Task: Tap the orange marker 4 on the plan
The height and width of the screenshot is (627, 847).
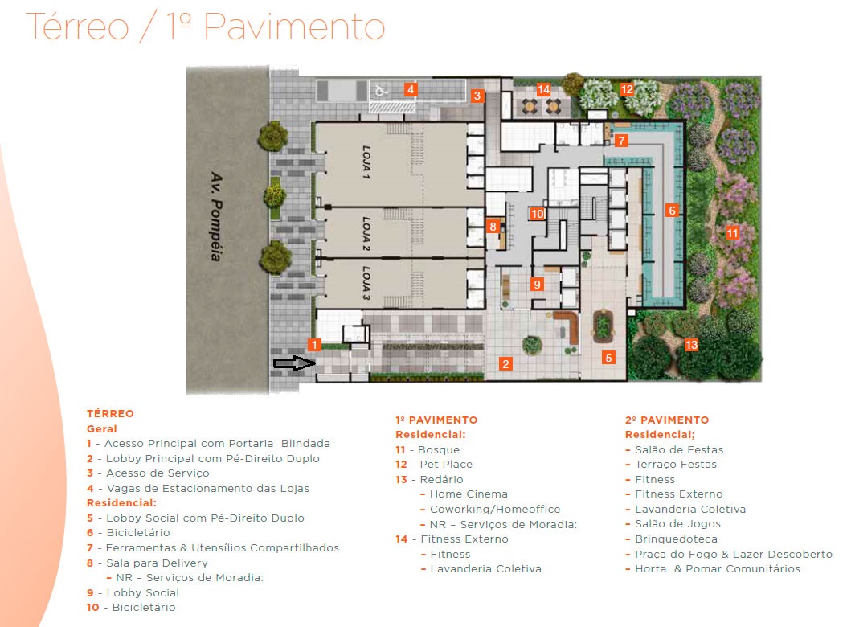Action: pyautogui.click(x=411, y=89)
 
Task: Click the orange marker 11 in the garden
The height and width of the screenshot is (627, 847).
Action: pyautogui.click(x=731, y=233)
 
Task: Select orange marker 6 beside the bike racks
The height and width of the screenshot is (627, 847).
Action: pyautogui.click(x=673, y=211)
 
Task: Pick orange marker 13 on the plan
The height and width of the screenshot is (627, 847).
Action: pyautogui.click(x=691, y=345)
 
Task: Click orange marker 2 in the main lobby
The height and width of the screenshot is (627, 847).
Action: pyautogui.click(x=505, y=363)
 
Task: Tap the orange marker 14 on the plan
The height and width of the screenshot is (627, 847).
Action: pyautogui.click(x=544, y=89)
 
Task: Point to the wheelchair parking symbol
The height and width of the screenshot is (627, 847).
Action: pyautogui.click(x=382, y=91)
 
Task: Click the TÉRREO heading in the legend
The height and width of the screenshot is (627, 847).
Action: pyautogui.click(x=110, y=413)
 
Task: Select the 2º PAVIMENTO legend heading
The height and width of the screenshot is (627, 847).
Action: pyautogui.click(x=666, y=420)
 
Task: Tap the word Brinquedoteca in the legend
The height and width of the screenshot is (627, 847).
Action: pyautogui.click(x=676, y=539)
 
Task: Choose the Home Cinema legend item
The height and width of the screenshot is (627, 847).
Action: pyautogui.click(x=469, y=494)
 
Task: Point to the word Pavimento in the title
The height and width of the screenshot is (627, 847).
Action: pyautogui.click(x=293, y=27)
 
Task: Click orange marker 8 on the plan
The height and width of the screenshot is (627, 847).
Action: pyautogui.click(x=493, y=227)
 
